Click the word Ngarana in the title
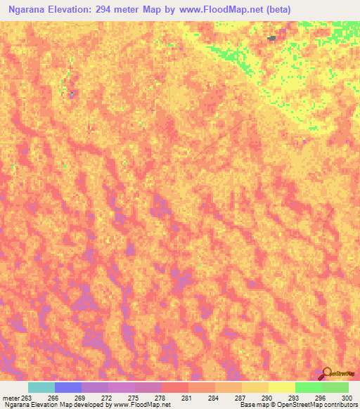29,8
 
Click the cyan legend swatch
41,387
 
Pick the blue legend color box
68,387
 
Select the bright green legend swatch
309,387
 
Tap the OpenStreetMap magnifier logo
326,372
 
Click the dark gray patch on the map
271,39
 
